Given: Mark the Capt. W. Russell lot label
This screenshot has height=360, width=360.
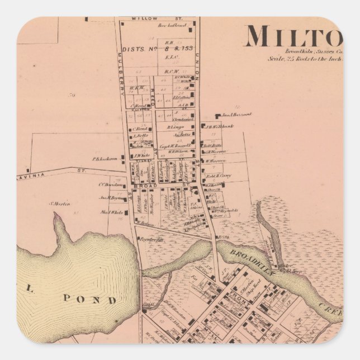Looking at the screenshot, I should coord(172,146).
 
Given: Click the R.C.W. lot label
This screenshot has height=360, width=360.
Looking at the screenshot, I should coord(171,72).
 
